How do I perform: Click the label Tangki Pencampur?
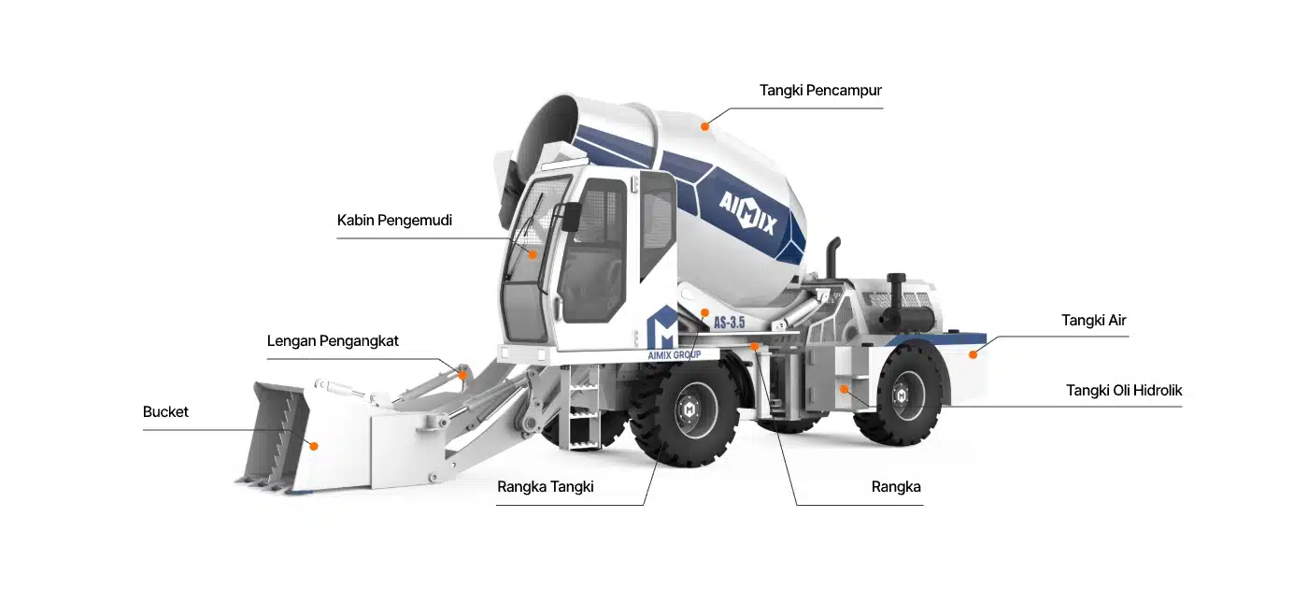point(820,91)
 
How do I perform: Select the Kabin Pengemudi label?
point(394,221)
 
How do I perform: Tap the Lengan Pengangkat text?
point(333,341)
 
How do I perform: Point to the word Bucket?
point(165,412)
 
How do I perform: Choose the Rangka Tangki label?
point(545,487)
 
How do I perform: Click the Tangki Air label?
point(1093,321)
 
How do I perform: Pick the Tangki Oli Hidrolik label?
point(1124,391)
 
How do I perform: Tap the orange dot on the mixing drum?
point(705,124)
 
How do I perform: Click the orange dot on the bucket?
point(314,447)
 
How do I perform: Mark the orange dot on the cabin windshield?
point(533,253)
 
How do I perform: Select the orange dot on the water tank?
point(973,354)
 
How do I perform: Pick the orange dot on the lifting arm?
point(462,375)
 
